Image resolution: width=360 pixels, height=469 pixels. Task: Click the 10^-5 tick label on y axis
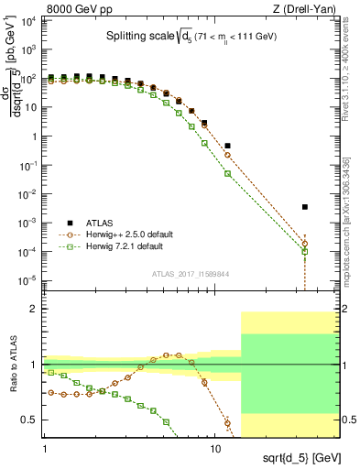(28, 280)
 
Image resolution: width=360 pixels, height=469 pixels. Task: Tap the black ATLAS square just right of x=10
(227, 146)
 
